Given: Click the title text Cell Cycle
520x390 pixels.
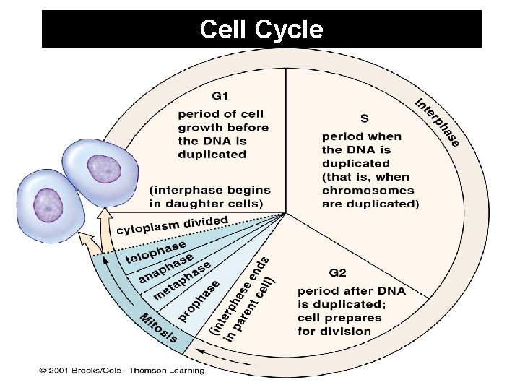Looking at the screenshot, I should [x=261, y=30].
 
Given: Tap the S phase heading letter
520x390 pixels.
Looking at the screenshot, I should [x=365, y=117].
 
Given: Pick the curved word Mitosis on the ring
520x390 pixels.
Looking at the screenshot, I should [x=158, y=327].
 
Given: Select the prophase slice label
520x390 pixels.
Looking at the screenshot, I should [x=199, y=302].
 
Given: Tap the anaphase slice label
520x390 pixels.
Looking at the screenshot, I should [x=165, y=268].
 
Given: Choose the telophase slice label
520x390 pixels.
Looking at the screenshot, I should [x=155, y=252].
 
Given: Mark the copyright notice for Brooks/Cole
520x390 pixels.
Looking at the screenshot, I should [x=122, y=370].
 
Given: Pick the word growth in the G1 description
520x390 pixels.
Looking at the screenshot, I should [x=199, y=127].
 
